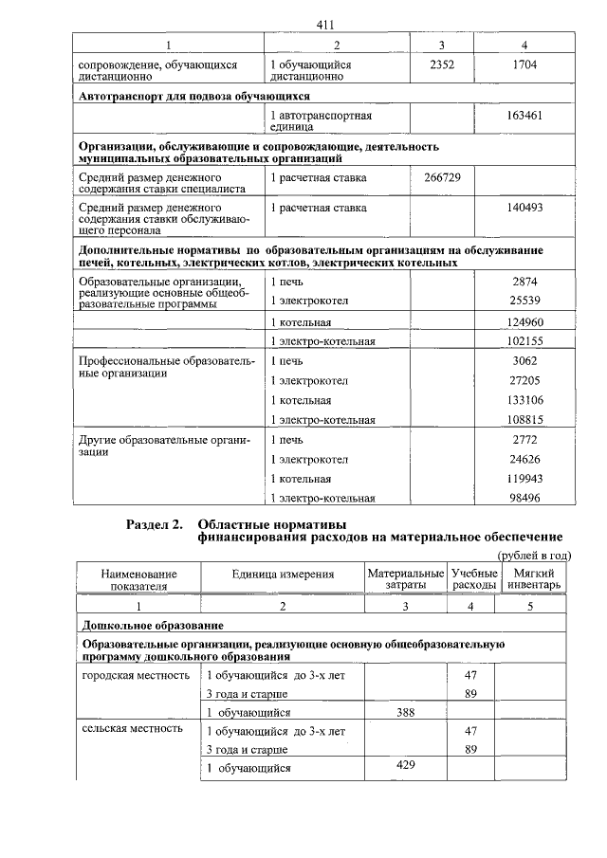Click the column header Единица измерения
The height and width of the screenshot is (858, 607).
pyautogui.click(x=283, y=575)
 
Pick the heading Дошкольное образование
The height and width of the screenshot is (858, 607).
pyautogui.click(x=153, y=626)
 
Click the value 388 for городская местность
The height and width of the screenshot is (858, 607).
pyautogui.click(x=403, y=712)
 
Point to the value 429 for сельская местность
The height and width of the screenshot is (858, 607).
pyautogui.click(x=405, y=765)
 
